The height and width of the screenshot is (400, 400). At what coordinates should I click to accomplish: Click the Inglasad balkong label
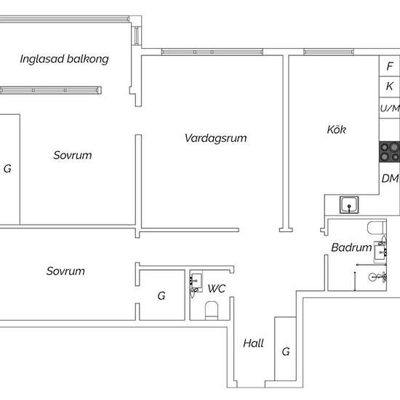pos(64,59)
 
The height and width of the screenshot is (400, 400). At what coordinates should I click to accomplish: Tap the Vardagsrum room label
pos(212,137)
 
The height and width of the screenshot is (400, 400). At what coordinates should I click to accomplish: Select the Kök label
pos(336,130)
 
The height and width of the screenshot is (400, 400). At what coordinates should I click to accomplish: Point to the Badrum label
pos(351,248)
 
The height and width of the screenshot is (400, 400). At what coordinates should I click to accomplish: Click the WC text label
pos(217,289)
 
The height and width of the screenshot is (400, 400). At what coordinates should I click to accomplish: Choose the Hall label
pos(253,343)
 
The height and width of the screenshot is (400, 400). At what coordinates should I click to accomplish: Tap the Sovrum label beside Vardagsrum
pos(73,155)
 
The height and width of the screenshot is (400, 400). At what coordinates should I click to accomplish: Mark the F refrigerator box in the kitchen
pos(390,65)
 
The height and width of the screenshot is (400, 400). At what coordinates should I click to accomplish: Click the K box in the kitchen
pos(390,87)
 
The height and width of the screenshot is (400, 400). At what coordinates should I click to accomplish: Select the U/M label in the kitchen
pos(390,108)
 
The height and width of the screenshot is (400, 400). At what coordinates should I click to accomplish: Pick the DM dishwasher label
pos(390,178)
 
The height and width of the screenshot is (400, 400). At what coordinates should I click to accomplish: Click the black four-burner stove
pos(390,151)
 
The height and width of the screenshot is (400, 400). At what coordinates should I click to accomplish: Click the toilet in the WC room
pos(212,311)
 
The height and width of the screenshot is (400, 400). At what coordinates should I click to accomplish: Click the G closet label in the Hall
pos(286,352)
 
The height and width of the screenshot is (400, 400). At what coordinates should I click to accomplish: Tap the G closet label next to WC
pos(161,296)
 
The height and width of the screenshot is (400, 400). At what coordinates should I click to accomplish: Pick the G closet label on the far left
pos(7,169)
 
